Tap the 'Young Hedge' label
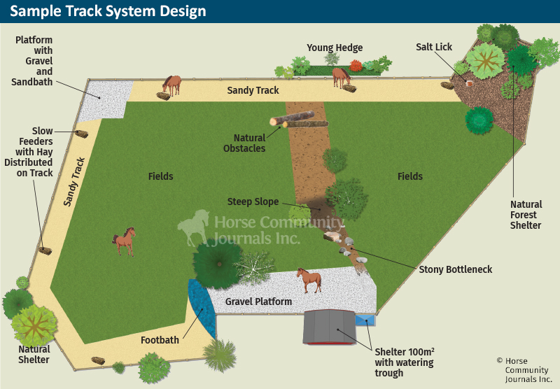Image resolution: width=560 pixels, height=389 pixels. click(335, 48)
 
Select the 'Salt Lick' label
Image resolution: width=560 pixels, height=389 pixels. click(434, 47)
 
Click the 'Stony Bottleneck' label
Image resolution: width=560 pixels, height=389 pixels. click(455, 269)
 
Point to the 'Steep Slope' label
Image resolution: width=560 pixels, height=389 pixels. click(253, 201)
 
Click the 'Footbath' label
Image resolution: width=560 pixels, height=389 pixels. click(160, 340)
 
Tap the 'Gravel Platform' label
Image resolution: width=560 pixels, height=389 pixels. click(258, 302)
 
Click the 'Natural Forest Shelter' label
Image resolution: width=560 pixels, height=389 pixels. click(526, 215)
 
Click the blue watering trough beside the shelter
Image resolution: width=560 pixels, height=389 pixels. click(365, 320)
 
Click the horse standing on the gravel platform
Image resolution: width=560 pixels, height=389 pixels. click(309, 279)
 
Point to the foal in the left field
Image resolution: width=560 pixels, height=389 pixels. click(124, 241)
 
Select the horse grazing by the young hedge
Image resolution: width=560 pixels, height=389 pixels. click(341, 76)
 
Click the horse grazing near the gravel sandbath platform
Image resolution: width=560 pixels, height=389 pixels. click(172, 85)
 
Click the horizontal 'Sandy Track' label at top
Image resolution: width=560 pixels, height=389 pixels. click(253, 90)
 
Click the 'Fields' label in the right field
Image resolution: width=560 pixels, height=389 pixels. click(410, 176)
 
